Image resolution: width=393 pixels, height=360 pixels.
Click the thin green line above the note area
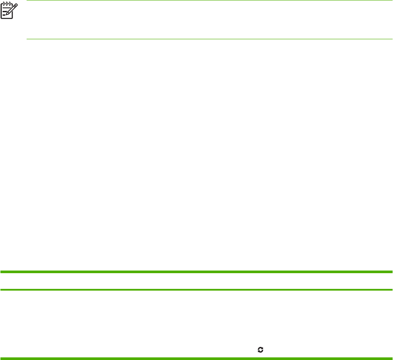click(209, 0)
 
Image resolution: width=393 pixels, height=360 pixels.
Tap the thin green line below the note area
click(209, 39)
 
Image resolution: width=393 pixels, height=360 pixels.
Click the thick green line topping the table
click(196, 272)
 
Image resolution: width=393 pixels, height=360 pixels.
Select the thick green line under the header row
click(196, 289)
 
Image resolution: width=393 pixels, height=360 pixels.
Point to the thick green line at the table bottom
click(196, 359)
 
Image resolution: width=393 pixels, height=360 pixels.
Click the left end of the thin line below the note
click(27, 39)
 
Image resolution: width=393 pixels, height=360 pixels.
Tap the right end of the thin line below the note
click(392, 39)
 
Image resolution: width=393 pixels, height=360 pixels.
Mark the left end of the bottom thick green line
click(1, 359)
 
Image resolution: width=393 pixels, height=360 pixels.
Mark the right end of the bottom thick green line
click(391, 359)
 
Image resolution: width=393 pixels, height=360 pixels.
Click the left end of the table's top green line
click(1, 272)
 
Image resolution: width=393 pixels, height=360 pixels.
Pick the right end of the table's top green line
click(391, 272)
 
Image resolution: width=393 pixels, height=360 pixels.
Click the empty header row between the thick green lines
click(196, 281)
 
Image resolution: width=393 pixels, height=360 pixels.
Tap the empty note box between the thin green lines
click(209, 20)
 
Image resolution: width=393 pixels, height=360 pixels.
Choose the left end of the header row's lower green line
click(1, 289)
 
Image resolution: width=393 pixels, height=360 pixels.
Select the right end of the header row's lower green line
click(391, 289)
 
